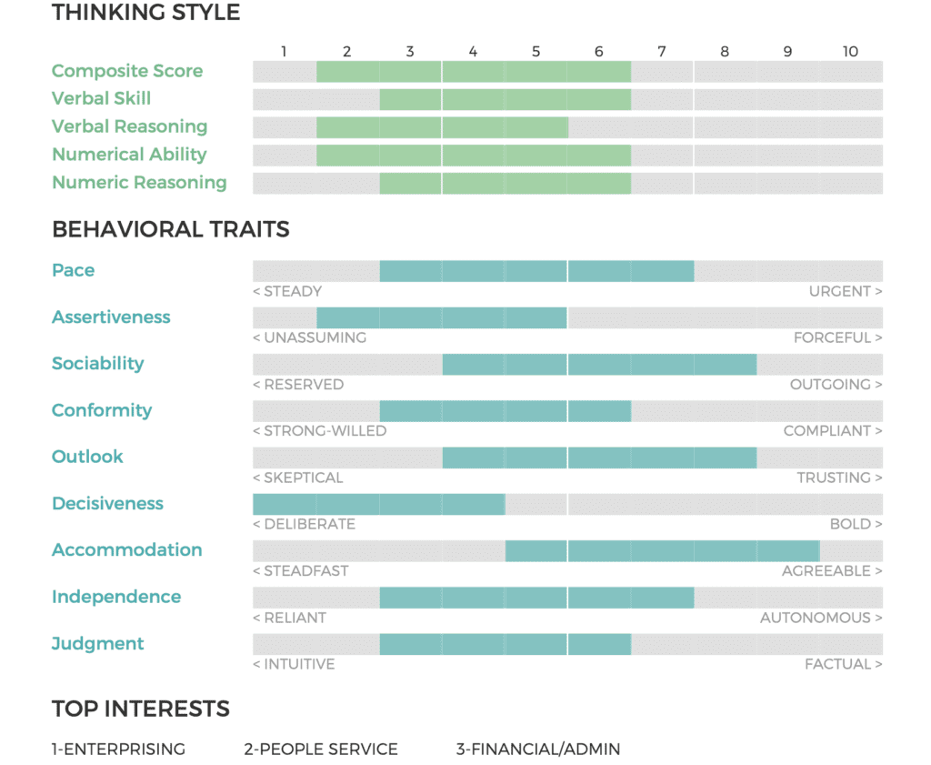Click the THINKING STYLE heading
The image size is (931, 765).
(145, 13)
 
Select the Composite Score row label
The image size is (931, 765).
(127, 71)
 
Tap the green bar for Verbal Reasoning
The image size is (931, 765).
(442, 127)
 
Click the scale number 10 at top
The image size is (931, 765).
(850, 52)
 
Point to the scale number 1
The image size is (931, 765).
(284, 52)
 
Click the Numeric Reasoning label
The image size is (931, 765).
(139, 183)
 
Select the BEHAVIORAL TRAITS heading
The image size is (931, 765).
(170, 229)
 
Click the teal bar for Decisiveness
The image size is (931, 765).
(378, 504)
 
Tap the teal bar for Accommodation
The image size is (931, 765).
(662, 551)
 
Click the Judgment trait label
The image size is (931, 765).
(98, 644)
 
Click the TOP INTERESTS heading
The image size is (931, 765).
(140, 709)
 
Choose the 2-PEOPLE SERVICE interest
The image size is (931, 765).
(321, 750)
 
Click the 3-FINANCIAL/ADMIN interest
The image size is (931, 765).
(538, 750)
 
